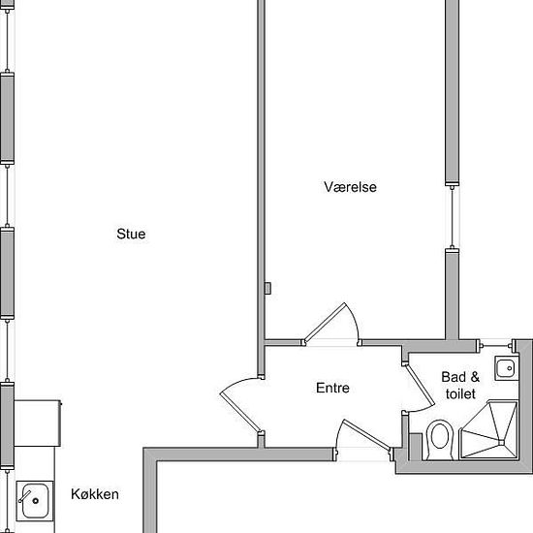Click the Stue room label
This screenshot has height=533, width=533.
131,234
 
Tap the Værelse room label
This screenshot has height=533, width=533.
350,187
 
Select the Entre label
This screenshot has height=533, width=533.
332,388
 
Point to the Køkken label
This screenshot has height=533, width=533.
95,494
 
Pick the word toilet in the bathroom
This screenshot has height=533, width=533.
460,394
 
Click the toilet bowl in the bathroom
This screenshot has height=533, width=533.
440,438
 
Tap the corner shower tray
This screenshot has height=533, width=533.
488,430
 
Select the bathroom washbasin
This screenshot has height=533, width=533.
507,368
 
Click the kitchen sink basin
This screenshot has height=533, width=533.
35,501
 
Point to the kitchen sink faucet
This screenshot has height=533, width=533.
24,496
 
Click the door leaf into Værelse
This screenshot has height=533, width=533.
325,323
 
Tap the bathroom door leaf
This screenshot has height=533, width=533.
421,385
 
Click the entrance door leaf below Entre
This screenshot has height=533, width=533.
367,435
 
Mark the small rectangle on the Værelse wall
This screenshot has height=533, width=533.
267,288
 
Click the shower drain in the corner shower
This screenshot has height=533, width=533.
501,442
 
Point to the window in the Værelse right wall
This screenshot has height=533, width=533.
453,217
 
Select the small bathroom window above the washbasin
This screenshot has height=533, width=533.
496,346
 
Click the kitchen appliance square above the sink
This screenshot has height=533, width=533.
38,423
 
